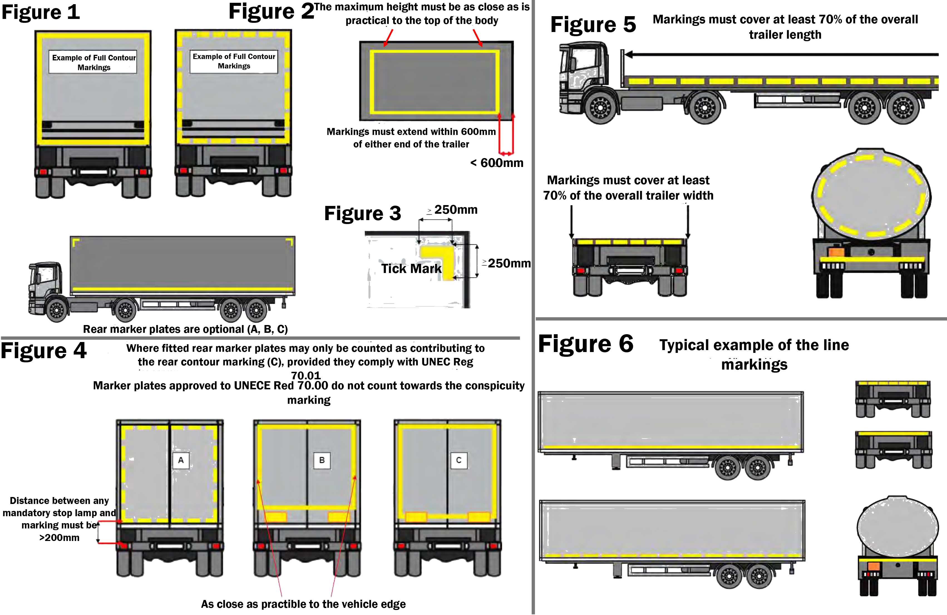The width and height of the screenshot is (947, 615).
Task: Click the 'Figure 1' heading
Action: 41,12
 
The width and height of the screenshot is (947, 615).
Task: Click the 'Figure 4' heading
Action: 43,351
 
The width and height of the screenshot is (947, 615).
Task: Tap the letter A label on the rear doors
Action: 181,460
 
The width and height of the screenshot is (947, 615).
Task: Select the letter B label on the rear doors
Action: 322,460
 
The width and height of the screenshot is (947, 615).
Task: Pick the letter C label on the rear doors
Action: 459,460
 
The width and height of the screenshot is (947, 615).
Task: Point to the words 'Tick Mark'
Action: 411,269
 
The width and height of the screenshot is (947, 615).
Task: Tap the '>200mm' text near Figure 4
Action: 59,538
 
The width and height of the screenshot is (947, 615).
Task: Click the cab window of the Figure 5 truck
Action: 583,60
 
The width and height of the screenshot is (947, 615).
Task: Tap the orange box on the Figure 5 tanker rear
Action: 836,252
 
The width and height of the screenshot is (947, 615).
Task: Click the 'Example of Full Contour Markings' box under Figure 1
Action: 93,62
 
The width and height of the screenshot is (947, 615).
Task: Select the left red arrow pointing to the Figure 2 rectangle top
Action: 388,38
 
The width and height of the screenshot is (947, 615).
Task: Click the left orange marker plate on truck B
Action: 276,517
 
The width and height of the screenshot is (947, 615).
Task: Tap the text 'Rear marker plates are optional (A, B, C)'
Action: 185,329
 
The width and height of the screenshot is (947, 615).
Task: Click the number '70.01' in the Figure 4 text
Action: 305,375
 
